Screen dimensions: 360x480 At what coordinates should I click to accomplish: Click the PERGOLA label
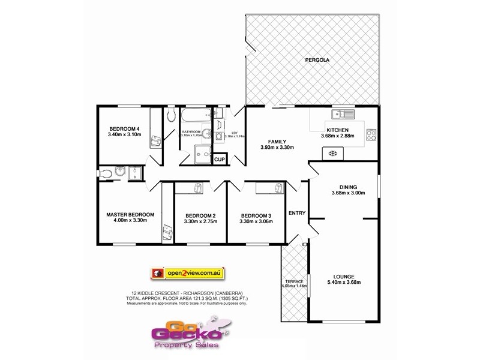[x=317, y=59]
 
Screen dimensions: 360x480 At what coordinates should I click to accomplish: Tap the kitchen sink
[x=344, y=112]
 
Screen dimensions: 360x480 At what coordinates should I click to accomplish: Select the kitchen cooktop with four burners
[x=371, y=135]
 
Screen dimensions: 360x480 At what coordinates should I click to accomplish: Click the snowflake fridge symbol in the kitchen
[x=332, y=154]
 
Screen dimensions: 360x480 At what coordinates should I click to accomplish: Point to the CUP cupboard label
[x=220, y=160]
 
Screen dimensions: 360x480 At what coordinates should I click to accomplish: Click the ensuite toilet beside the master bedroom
[x=107, y=174]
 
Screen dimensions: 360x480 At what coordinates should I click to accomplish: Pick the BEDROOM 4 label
[x=125, y=128]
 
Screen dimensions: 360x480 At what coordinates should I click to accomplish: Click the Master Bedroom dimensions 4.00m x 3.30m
[x=130, y=221]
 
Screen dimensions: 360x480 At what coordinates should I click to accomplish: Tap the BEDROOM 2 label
[x=200, y=215]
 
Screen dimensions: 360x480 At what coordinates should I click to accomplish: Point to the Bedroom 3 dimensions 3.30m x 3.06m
[x=256, y=221]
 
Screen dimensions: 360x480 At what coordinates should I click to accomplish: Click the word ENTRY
[x=297, y=213]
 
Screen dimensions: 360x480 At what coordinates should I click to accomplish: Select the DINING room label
[x=348, y=186]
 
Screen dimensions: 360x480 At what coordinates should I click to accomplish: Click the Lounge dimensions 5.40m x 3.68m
[x=344, y=282]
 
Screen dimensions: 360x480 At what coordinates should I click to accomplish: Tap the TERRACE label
[x=295, y=281]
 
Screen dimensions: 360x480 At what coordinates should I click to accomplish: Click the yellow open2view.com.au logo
[x=187, y=273]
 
